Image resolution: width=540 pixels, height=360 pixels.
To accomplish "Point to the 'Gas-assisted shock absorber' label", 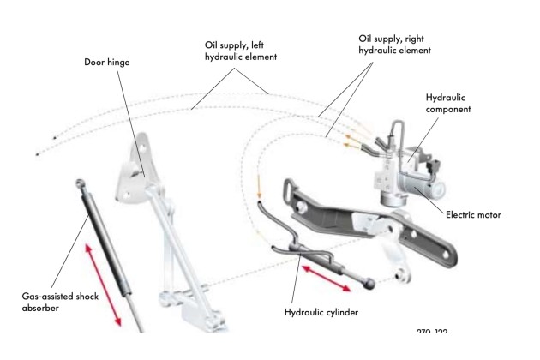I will tap(51, 302).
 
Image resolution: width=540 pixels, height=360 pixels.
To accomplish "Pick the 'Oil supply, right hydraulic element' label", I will tap(391, 45).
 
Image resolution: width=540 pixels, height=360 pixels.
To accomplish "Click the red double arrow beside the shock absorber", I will tap(102, 283).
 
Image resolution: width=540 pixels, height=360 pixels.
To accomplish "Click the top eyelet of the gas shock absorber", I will tap(79, 182).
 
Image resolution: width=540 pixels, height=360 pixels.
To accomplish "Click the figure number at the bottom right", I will tap(432, 332).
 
